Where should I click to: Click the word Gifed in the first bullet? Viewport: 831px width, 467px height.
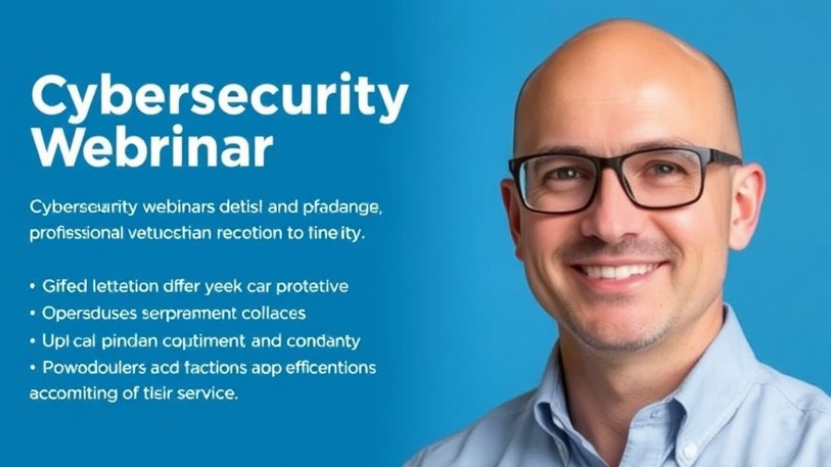click(x=63, y=286)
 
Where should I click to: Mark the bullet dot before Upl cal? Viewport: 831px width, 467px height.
click(x=33, y=341)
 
